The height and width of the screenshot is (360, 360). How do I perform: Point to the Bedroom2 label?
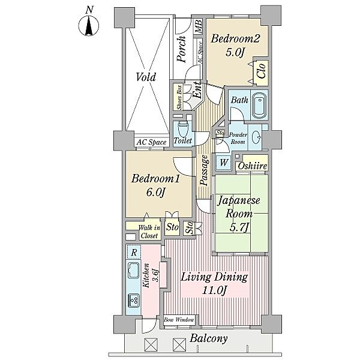click(235, 38)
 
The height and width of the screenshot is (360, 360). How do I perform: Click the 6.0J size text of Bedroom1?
click(155, 193)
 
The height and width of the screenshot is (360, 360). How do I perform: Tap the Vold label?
click(146, 77)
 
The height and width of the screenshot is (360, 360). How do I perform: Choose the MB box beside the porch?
click(198, 26)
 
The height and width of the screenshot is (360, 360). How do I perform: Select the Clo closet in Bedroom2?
click(262, 71)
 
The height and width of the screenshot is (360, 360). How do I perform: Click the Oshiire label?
click(253, 166)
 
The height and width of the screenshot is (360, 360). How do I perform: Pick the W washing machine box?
click(223, 163)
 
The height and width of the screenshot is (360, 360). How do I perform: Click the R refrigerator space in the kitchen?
click(134, 253)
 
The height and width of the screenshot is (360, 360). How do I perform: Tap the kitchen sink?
click(133, 270)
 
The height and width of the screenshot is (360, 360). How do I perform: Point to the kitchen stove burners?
click(133, 300)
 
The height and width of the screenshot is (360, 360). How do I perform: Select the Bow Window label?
click(179, 320)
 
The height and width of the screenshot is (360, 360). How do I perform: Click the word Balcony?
click(209, 339)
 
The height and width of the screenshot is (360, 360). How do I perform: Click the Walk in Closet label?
click(149, 232)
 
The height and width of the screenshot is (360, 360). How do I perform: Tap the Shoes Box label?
click(179, 97)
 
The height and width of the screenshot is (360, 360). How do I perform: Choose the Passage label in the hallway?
click(205, 170)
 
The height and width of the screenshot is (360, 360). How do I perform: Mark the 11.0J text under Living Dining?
click(214, 290)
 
